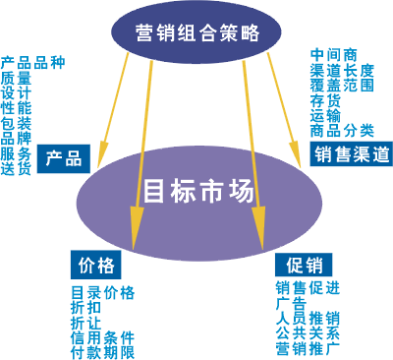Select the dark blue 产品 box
(65, 156)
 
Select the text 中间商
(332, 54)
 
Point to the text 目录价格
(102, 292)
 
